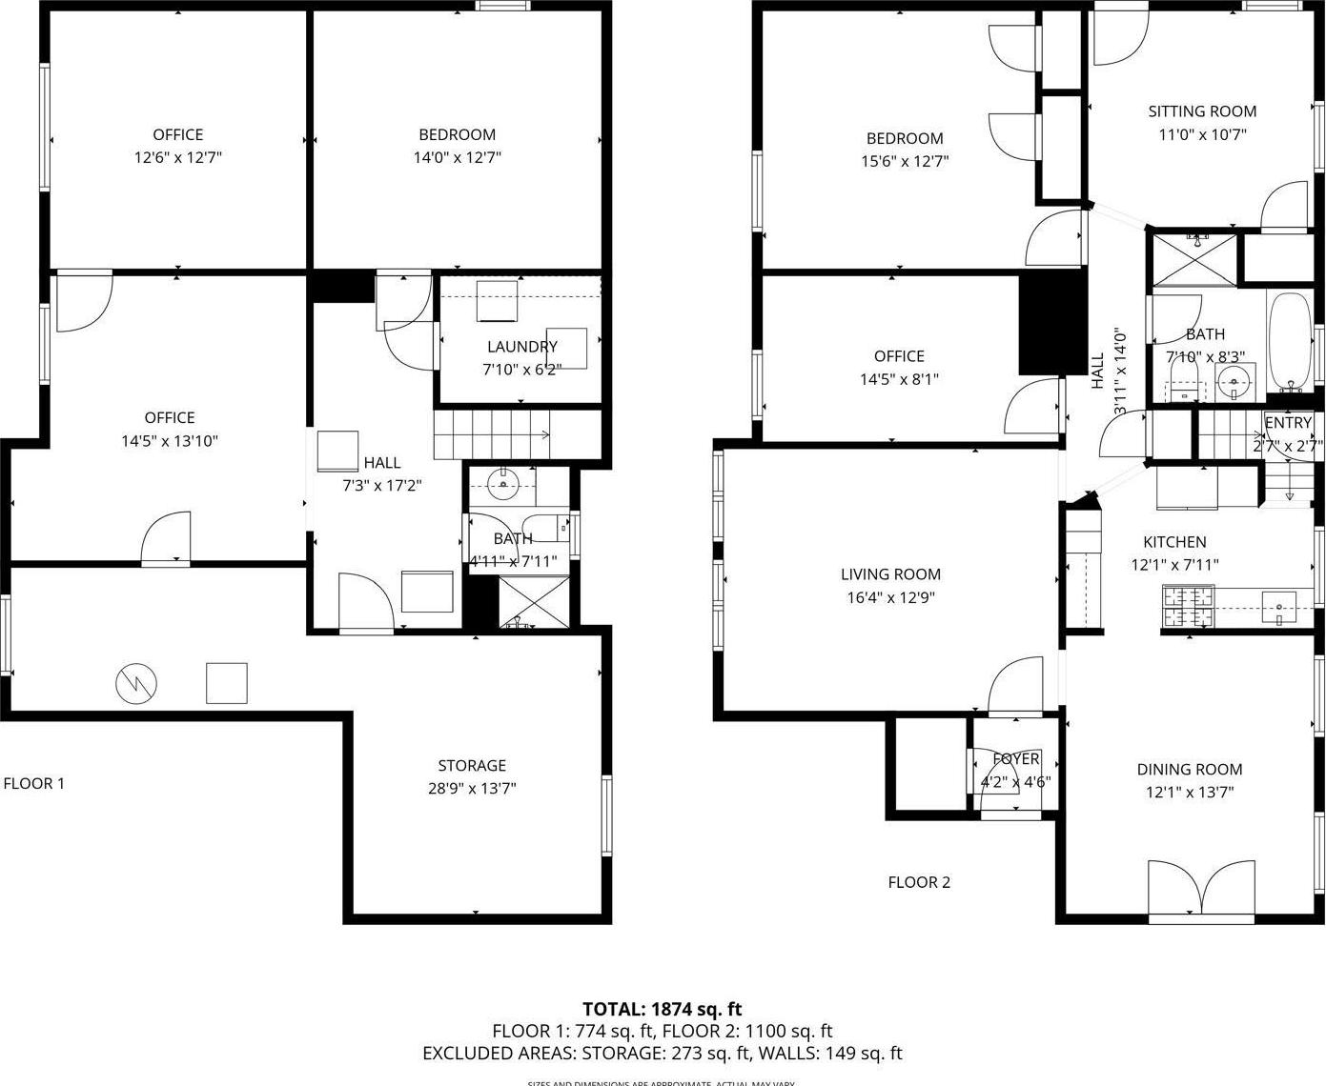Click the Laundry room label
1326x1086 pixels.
[521, 347]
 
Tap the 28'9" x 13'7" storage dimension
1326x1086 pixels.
[472, 789]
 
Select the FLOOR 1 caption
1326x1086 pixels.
[34, 783]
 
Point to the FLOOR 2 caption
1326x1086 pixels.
[919, 882]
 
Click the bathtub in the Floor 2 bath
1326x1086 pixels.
[1290, 342]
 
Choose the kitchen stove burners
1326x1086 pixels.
[1183, 606]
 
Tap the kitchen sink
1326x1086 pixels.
[1278, 606]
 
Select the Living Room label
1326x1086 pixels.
[890, 574]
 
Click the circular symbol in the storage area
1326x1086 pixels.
[136, 682]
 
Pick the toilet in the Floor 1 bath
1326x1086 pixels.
[547, 526]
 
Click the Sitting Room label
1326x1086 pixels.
[1202, 111]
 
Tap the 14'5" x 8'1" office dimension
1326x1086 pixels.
[899, 379]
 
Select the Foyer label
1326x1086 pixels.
[1016, 759]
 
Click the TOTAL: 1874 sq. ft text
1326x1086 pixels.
[662, 1009]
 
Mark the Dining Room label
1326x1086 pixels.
[1189, 770]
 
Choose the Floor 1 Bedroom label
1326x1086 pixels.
[457, 134]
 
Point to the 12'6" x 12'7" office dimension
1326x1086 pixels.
[177, 158]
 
